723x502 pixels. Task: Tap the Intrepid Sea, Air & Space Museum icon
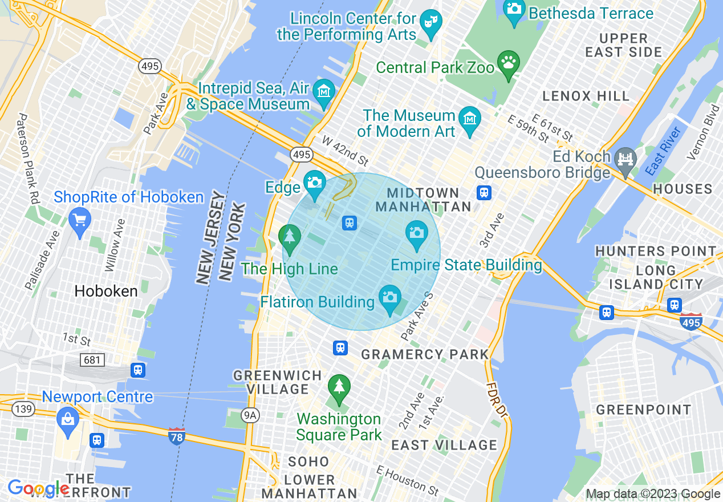click(x=324, y=91)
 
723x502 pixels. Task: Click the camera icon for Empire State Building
click(x=417, y=233)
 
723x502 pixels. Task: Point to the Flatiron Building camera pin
click(x=390, y=297)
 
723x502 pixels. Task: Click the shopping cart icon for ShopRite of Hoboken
click(x=79, y=218)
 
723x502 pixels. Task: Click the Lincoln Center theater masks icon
click(x=430, y=23)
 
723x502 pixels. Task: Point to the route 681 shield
click(x=92, y=360)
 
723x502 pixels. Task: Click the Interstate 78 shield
click(x=177, y=436)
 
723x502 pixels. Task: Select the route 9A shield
click(x=250, y=415)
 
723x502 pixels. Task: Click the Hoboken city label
click(x=106, y=292)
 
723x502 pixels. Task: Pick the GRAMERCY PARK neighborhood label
click(x=425, y=354)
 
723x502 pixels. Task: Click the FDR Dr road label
click(x=495, y=398)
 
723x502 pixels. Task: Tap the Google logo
click(x=38, y=488)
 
